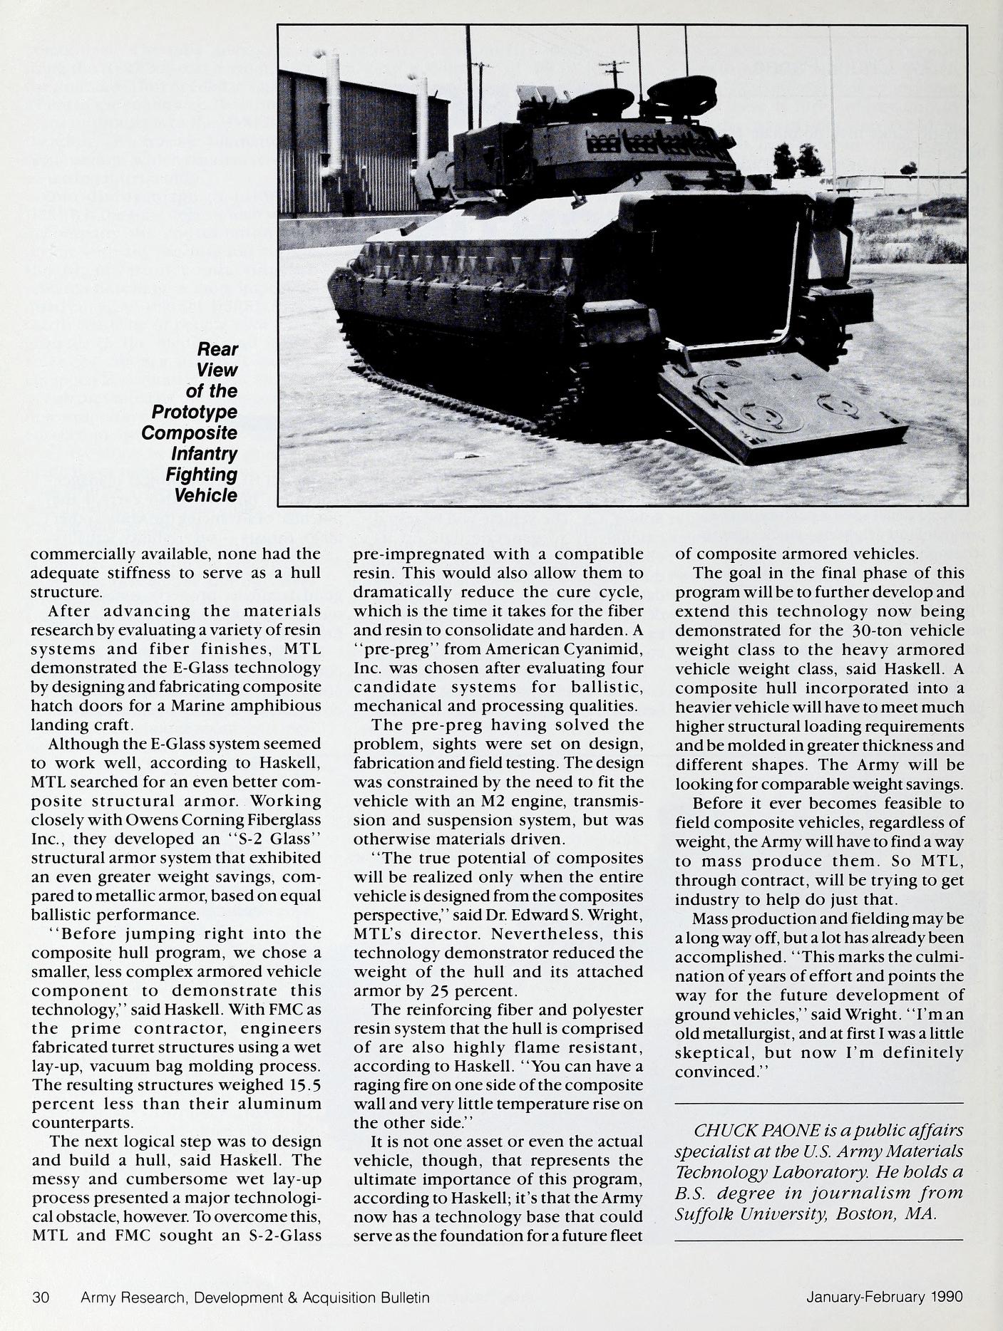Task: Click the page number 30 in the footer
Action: pos(40,1297)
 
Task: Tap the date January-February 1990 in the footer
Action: pos(884,1297)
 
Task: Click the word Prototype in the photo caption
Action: pos(195,412)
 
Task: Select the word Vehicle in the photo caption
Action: pos(206,495)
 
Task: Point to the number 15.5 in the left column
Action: pos(298,1084)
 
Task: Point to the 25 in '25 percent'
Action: pos(418,991)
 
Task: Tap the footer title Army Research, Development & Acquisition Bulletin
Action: pos(255,1297)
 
